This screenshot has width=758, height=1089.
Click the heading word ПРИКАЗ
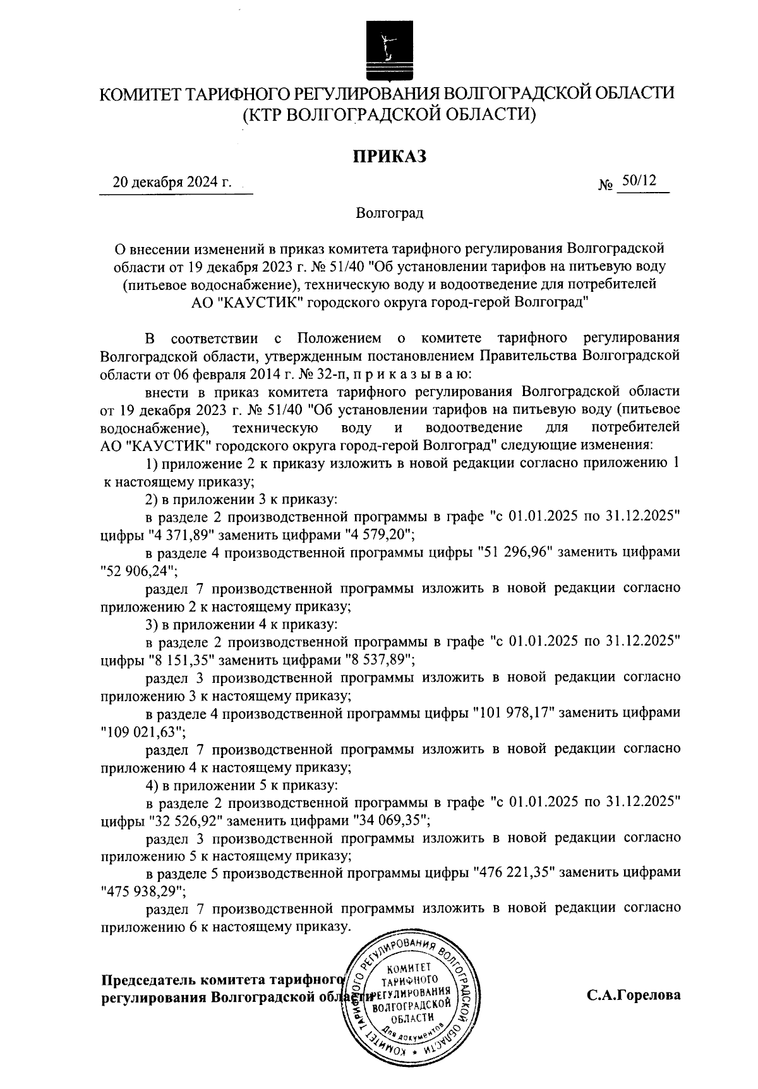click(x=389, y=156)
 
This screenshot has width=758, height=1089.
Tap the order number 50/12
click(x=639, y=181)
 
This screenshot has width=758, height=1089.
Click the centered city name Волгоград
click(x=389, y=213)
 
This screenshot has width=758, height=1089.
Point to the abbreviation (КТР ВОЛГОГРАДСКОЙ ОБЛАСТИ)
click(x=389, y=114)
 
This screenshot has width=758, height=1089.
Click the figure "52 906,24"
click(x=139, y=570)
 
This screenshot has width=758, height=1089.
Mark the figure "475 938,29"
click(x=143, y=891)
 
